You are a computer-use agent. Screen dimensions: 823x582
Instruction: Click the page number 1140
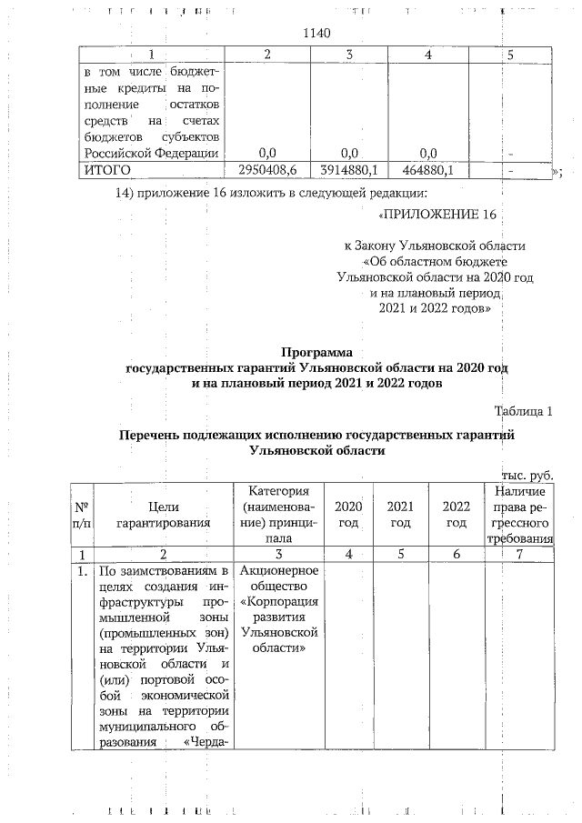click(314, 34)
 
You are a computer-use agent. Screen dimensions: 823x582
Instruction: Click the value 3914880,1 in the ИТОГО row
click(349, 170)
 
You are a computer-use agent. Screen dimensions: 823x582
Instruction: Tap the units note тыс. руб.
click(527, 475)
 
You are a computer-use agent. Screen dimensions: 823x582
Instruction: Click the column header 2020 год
click(349, 514)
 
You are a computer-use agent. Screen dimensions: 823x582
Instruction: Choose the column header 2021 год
click(400, 514)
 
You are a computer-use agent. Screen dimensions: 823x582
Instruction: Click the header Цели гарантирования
click(163, 514)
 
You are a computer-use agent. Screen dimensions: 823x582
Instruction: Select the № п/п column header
click(80, 514)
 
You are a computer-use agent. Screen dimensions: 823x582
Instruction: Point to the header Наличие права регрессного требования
click(518, 514)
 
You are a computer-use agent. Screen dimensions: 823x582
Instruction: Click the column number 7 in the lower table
click(518, 554)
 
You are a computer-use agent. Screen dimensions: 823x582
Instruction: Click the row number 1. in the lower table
click(81, 571)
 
